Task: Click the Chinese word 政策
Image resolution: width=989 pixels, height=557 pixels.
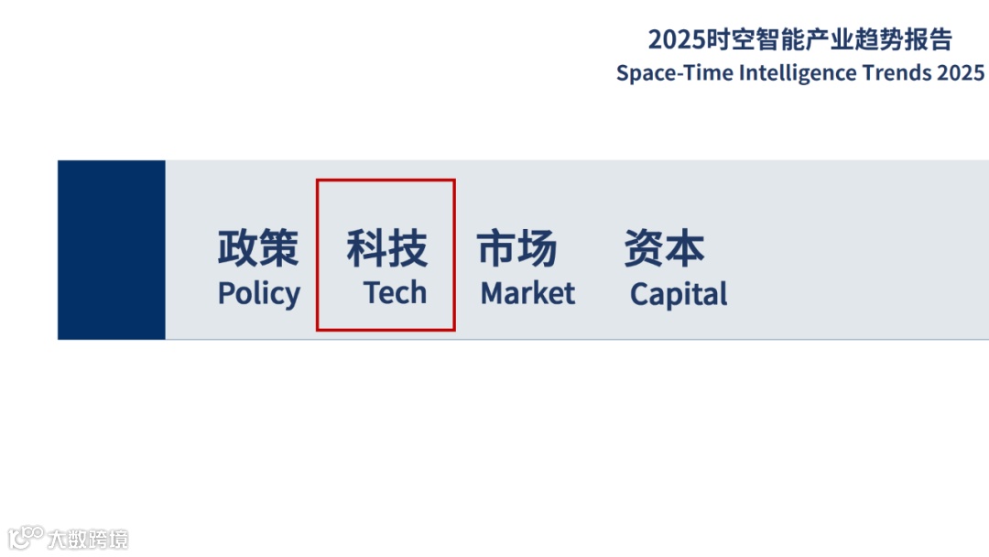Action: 258,248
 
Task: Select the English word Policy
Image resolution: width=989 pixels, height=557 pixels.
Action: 258,294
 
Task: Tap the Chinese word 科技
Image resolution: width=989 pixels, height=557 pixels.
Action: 386,248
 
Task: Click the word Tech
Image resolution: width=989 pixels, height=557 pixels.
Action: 395,293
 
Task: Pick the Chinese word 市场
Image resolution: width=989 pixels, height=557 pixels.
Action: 516,248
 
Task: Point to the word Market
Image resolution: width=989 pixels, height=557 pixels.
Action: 527,294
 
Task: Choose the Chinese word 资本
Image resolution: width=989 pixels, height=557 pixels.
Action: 664,248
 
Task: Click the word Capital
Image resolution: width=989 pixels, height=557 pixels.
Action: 679,295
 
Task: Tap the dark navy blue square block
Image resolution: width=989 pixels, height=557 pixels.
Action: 112,250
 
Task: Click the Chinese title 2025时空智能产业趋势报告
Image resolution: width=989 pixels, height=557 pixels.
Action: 799,39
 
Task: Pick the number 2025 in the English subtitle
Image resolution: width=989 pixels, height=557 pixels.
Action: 961,73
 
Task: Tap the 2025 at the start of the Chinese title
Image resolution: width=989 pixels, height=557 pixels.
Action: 677,39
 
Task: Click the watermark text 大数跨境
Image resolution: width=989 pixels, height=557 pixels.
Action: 88,539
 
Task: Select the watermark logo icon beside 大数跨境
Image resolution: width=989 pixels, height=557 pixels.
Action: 25,537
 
